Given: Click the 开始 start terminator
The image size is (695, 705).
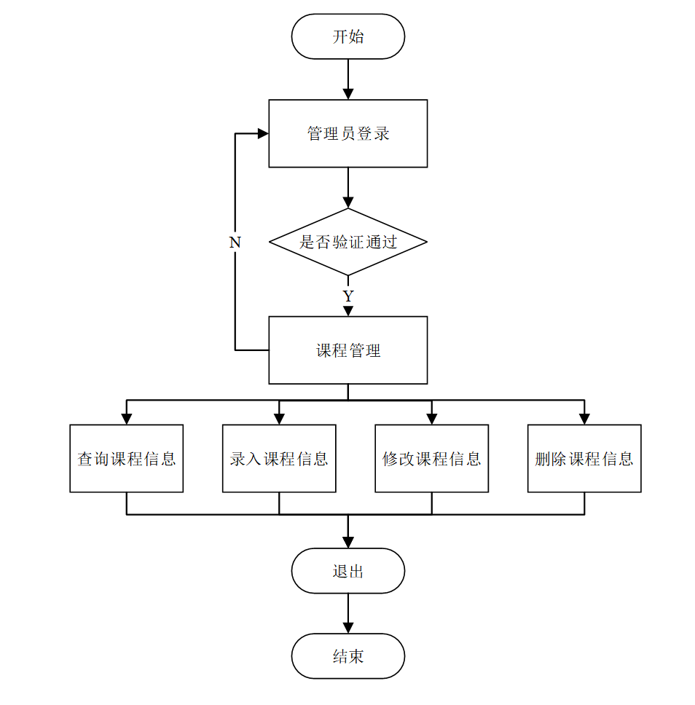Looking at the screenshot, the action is point(347,36).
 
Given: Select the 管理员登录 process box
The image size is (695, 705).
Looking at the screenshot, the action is point(347,133).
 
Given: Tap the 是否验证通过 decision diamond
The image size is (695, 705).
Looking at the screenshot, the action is point(347,242).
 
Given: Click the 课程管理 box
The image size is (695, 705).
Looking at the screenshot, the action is point(347,350).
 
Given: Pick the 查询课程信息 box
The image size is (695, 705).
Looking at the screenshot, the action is point(127,459).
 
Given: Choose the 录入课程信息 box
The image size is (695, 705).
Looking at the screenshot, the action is point(279,459).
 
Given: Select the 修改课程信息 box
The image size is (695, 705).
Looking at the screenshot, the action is point(431,459).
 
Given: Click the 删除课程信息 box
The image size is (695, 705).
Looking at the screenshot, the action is point(584,459).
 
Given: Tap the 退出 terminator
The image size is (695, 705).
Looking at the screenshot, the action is point(347,571).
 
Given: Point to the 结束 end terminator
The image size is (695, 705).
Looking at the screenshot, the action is point(347,656).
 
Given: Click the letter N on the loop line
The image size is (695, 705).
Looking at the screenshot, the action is point(235,243).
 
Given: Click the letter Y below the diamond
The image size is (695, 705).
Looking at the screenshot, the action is point(348,296).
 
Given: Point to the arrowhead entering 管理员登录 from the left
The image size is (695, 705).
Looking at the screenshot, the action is point(263,133).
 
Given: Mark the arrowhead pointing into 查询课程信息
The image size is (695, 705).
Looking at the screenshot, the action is point(127,419).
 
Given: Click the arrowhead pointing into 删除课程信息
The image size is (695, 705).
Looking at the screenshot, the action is point(584,419).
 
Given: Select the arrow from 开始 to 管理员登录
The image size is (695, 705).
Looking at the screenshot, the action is point(348,79).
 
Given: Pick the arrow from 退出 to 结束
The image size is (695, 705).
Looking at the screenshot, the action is point(348,614).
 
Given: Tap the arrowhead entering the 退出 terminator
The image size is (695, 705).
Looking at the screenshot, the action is point(348,543).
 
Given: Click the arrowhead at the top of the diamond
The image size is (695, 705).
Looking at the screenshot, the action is point(348,202).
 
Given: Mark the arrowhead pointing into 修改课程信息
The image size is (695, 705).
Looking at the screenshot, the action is point(432,419).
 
